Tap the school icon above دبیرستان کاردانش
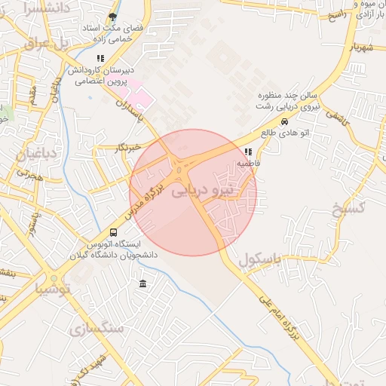pos(100,58)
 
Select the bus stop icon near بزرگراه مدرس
pos(113,233)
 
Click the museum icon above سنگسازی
pos(143,283)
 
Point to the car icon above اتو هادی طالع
pos(283,122)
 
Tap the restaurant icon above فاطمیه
pos(248,152)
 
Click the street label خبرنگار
pos(124,148)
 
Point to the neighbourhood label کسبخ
pos(348,206)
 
